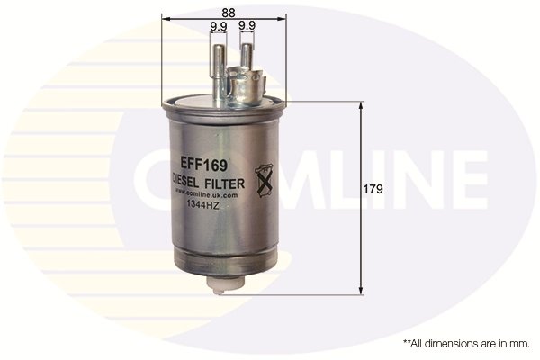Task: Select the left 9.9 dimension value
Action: point(218,27)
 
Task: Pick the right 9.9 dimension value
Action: point(247,27)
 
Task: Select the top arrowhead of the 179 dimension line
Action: point(362,105)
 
